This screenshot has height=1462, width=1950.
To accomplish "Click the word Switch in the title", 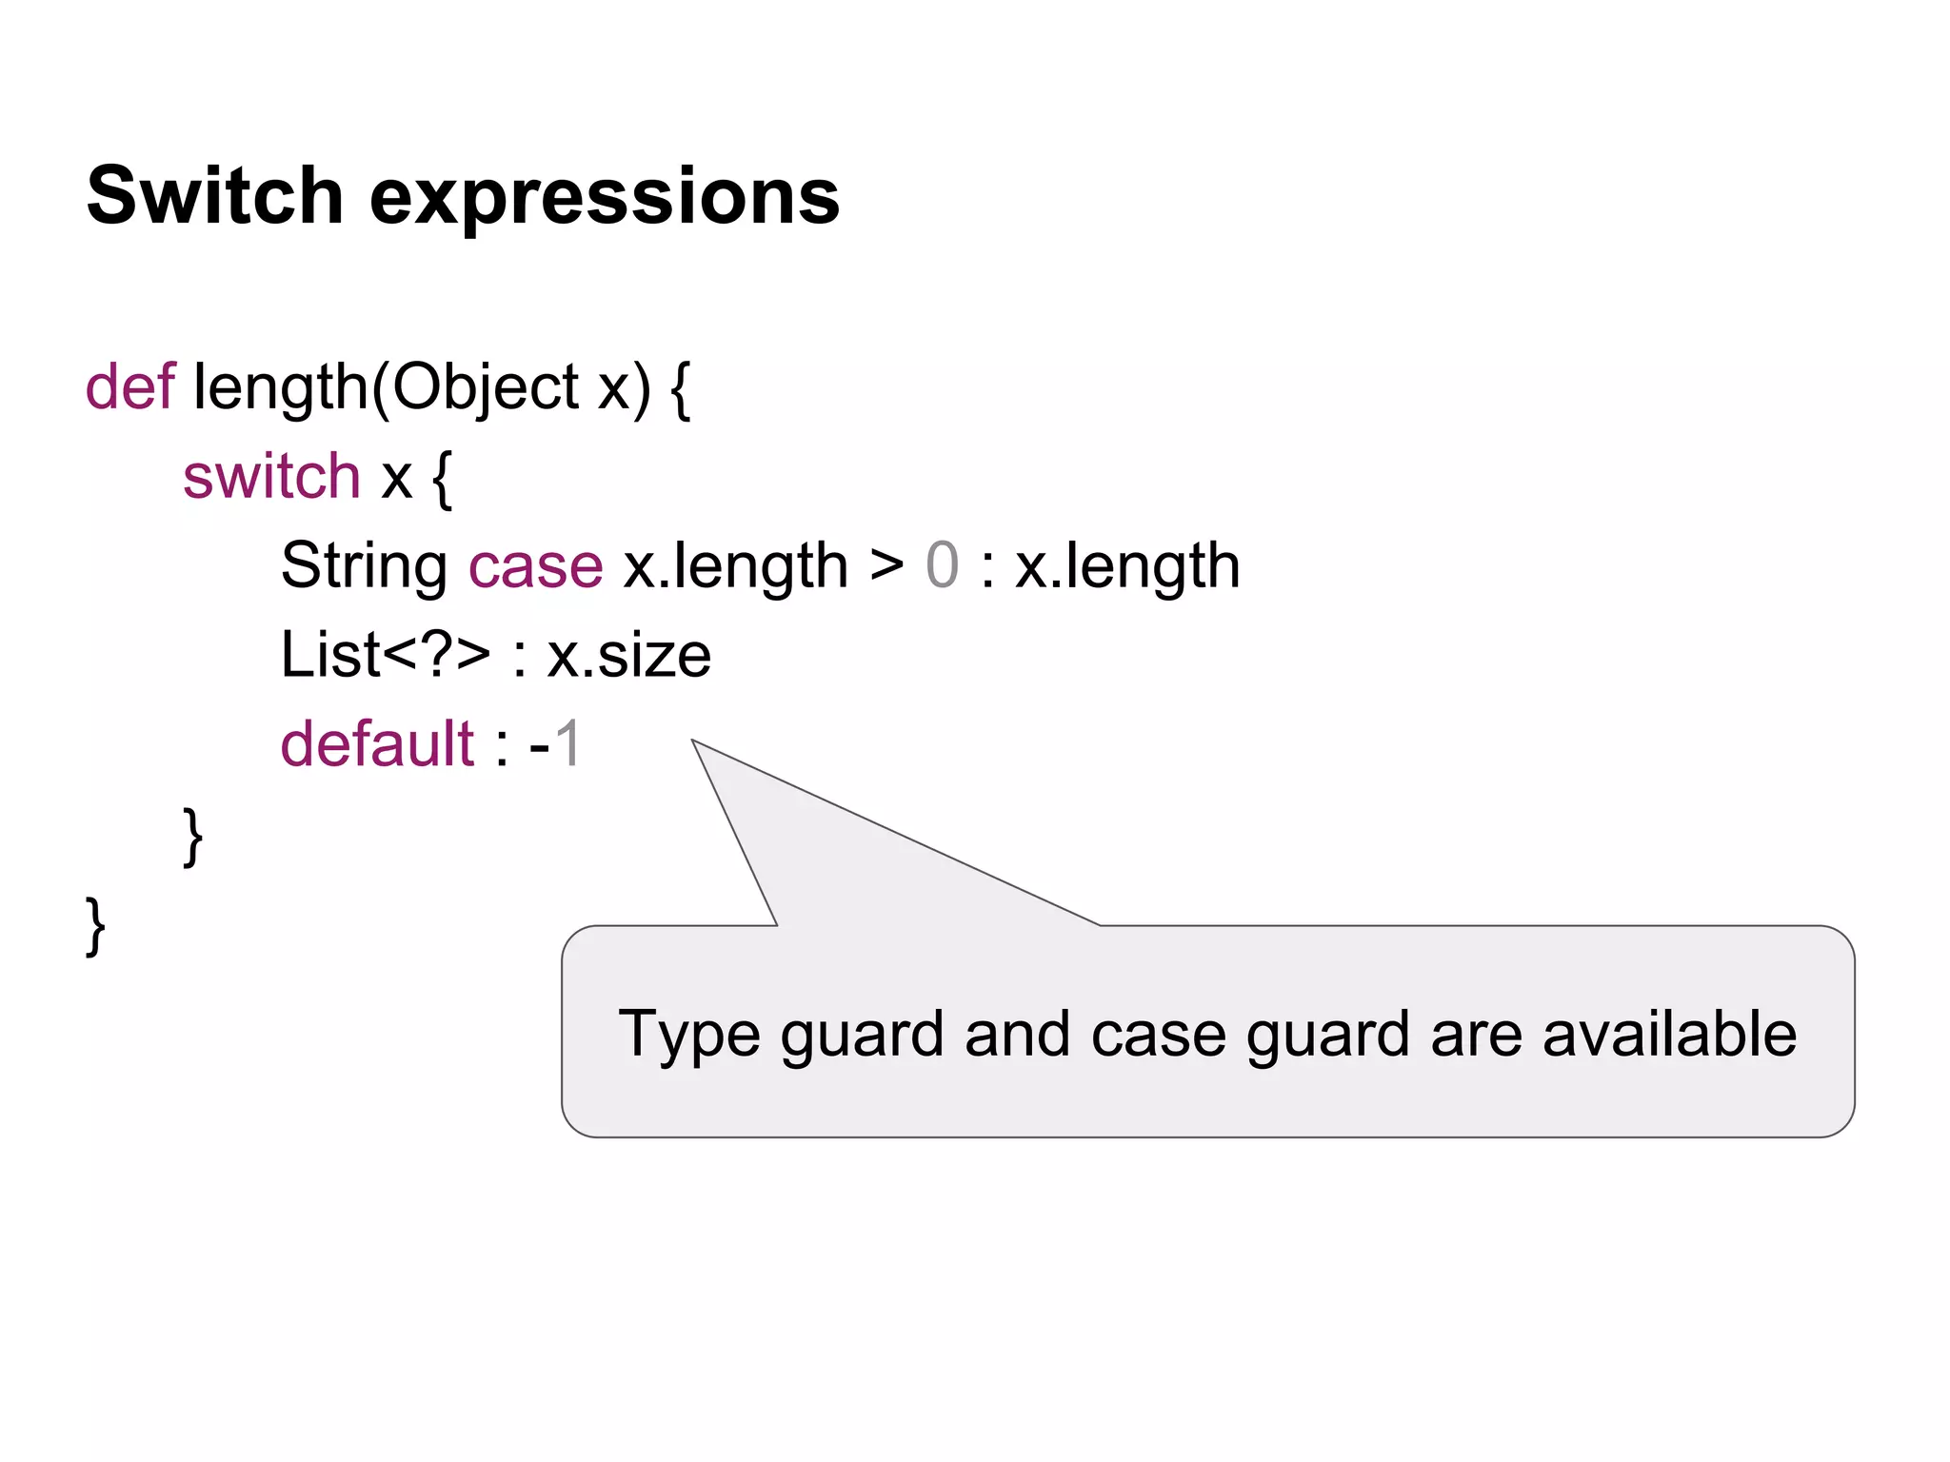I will click(214, 195).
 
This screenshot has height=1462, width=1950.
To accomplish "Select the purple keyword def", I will click(130, 386).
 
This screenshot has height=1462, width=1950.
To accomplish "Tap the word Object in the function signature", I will click(485, 388).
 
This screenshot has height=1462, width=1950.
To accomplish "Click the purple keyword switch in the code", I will click(271, 476).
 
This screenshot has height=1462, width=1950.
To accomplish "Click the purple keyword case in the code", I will click(535, 566).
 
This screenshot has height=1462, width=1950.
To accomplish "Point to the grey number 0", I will click(942, 565).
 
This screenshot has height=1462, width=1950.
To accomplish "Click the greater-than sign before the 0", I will click(886, 565).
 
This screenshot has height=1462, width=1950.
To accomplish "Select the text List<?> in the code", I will click(386, 655).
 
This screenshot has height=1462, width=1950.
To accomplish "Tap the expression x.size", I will click(628, 656).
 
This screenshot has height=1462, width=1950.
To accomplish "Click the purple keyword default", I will click(377, 743).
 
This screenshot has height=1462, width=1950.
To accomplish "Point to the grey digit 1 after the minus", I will click(568, 743).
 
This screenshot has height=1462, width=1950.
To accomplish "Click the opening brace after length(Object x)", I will click(680, 388).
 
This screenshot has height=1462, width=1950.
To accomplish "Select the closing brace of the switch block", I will click(192, 837).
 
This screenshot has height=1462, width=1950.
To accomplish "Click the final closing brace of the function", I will click(95, 926).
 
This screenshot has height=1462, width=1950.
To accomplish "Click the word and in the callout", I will click(1017, 1034).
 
